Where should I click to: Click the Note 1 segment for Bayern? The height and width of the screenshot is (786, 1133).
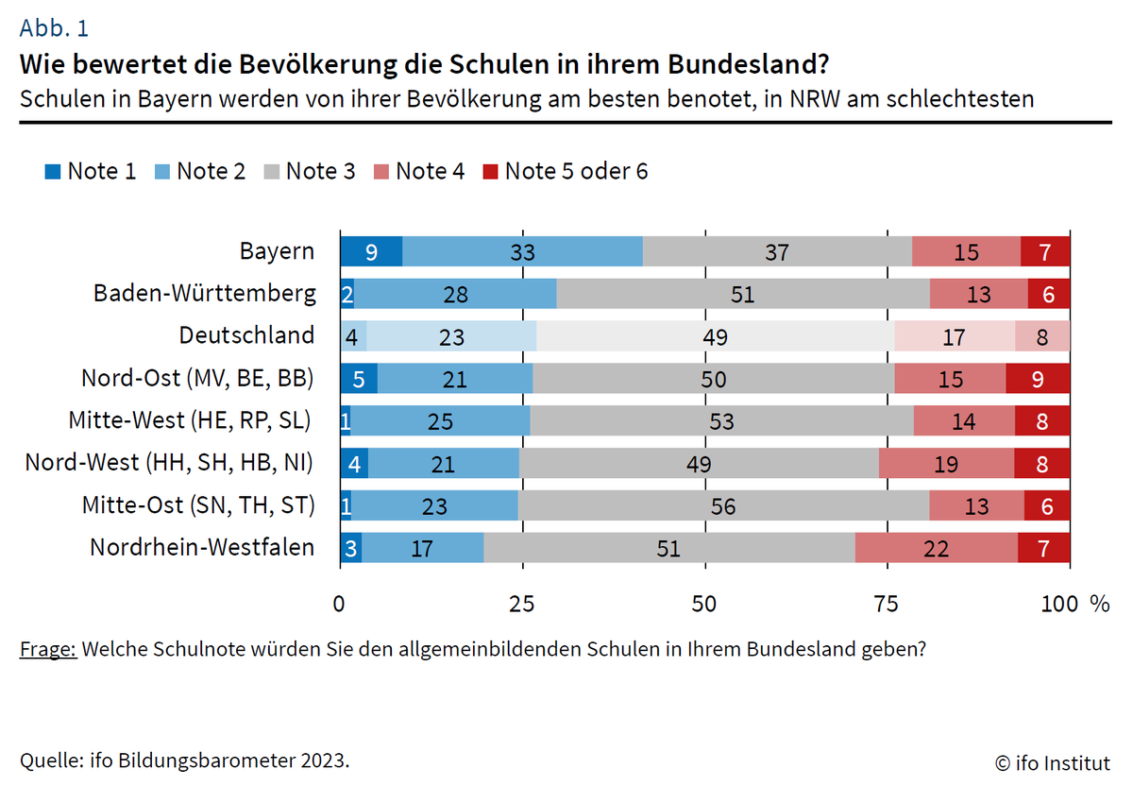(371, 251)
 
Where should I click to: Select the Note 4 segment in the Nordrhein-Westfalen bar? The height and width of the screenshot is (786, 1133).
(937, 548)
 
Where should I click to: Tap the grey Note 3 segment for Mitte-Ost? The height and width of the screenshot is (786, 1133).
(723, 505)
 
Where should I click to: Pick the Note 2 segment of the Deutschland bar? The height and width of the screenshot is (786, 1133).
(451, 335)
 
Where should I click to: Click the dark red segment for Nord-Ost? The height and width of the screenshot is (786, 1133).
(1038, 378)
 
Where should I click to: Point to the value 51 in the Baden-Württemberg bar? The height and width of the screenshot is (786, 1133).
(742, 294)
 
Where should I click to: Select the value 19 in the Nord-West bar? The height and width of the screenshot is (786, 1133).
(945, 464)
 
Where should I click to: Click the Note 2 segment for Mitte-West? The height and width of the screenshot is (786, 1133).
(440, 420)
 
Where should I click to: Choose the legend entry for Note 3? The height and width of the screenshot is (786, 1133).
(309, 171)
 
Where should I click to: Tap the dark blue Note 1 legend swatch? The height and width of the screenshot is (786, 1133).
(52, 172)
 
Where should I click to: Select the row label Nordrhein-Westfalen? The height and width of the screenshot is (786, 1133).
(202, 547)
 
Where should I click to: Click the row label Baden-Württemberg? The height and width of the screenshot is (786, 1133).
(205, 293)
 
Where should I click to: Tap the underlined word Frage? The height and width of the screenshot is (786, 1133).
(47, 650)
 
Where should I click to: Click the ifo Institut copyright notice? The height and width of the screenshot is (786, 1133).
(1053, 761)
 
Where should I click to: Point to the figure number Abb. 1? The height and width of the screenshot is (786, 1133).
(54, 28)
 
